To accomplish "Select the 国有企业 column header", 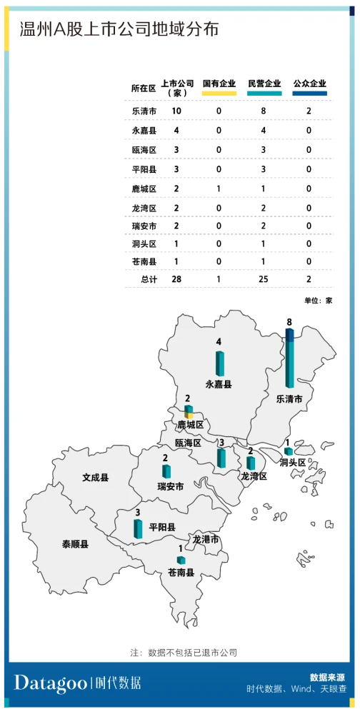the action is click(x=219, y=84).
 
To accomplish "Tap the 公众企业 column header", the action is click(x=309, y=84).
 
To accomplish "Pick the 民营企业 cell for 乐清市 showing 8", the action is click(x=264, y=111).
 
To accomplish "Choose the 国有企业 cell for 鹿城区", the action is click(x=219, y=189).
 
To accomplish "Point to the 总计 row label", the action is click(x=149, y=280).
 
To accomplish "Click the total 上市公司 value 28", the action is click(x=176, y=280).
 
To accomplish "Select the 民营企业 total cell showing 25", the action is click(x=264, y=280).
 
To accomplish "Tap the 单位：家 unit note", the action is click(x=318, y=301).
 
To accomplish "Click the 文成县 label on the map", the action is click(x=95, y=478).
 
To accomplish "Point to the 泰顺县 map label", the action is click(x=75, y=544).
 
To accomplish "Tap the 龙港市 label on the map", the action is click(x=205, y=539).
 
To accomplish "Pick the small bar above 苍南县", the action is click(x=181, y=560).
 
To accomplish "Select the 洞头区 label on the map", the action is click(x=293, y=463).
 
